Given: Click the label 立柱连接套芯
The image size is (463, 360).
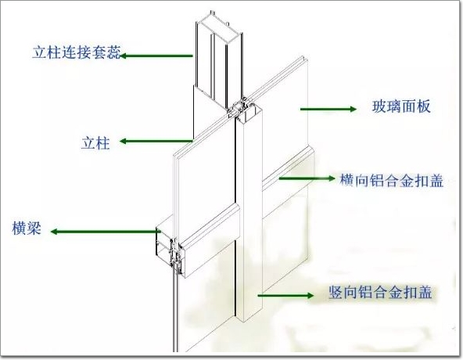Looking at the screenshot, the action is (x=77, y=53).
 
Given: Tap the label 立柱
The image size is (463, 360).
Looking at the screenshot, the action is (x=95, y=143).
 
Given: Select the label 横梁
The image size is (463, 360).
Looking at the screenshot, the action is (x=27, y=229).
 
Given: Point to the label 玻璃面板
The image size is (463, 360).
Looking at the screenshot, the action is (x=401, y=106).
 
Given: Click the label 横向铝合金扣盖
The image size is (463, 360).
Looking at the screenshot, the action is (x=392, y=180).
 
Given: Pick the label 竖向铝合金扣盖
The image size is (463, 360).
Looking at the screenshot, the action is (x=381, y=292).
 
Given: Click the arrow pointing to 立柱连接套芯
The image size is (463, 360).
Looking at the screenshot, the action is (x=156, y=56).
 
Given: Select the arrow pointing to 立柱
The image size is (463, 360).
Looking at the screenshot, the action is (x=156, y=142).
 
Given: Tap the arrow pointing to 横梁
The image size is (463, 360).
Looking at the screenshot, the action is (x=106, y=232).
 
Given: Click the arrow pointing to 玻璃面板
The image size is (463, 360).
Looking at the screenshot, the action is (x=328, y=109).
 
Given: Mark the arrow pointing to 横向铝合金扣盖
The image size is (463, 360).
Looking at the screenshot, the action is (x=307, y=178).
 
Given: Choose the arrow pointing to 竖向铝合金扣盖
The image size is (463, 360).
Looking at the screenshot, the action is (x=285, y=295).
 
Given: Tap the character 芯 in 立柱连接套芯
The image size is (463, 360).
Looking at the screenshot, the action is (x=114, y=53).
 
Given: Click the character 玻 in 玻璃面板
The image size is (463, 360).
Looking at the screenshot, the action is (x=379, y=106).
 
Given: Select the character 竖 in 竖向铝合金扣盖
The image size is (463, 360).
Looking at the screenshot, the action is (x=336, y=292).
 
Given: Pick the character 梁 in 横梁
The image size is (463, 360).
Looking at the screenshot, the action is (x=34, y=229).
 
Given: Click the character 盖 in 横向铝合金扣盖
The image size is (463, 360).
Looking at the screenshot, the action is (x=436, y=180).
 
